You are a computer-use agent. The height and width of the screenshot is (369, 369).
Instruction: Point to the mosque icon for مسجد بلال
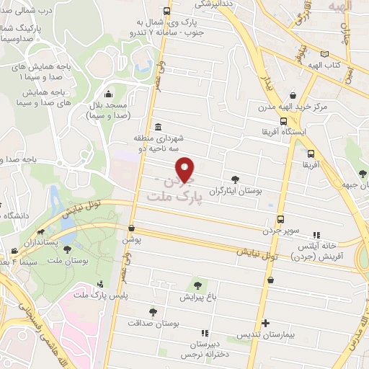pyautogui.click(x=108, y=94)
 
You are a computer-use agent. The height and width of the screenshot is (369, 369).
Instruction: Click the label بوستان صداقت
pyautogui.click(x=153, y=324)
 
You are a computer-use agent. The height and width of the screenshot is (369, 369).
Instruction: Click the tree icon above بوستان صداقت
pyautogui.click(x=153, y=312)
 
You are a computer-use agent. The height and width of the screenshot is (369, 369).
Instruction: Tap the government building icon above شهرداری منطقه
pyautogui.click(x=158, y=128)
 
